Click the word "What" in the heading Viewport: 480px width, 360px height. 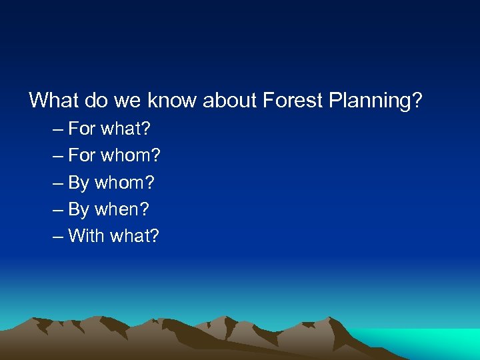point(54,101)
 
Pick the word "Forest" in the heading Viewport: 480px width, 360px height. point(291,101)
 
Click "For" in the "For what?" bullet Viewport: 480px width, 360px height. point(82,129)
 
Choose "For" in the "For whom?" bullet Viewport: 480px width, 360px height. point(82,155)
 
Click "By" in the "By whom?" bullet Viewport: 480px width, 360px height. point(79,183)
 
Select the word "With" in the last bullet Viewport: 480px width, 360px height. point(86,236)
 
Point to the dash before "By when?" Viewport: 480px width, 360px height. point(57,210)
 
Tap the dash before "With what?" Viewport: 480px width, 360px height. point(57,237)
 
